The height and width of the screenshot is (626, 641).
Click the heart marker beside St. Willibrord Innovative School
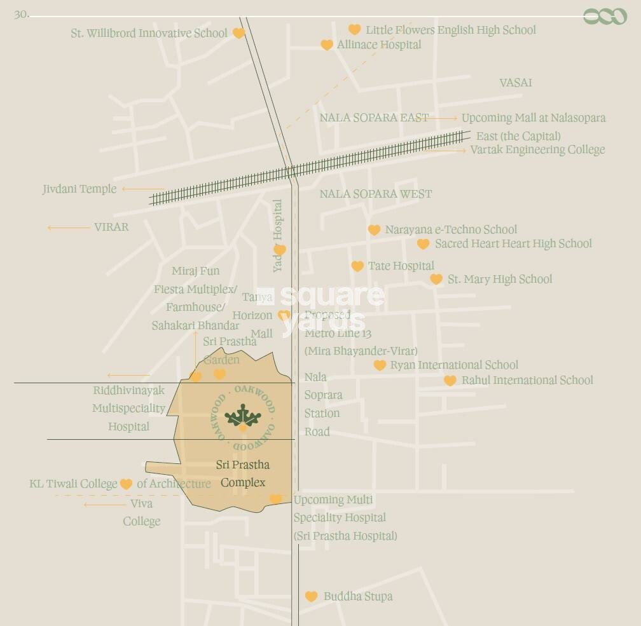click(x=238, y=33)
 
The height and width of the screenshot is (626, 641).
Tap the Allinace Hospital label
click(x=379, y=44)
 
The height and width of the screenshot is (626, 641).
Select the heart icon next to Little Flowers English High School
click(x=354, y=29)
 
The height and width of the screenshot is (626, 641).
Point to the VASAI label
click(x=515, y=83)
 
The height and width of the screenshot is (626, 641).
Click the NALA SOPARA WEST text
click(x=375, y=194)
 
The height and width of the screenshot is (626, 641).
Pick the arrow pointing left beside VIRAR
click(x=68, y=228)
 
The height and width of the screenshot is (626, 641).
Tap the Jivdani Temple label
click(x=79, y=189)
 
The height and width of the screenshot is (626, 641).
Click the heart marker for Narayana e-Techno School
click(x=374, y=230)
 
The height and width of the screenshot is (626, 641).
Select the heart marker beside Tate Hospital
click(x=357, y=266)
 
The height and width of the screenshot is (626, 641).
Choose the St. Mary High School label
click(x=500, y=279)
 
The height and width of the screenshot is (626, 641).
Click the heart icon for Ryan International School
click(x=380, y=365)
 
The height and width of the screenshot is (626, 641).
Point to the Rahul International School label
click(x=527, y=380)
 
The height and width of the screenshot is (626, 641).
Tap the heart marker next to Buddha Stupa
click(x=311, y=596)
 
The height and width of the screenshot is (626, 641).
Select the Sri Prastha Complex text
click(x=243, y=473)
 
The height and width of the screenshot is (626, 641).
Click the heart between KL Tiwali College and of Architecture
click(x=126, y=484)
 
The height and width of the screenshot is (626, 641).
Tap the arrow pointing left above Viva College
click(x=105, y=505)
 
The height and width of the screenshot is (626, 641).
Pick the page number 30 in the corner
click(x=21, y=14)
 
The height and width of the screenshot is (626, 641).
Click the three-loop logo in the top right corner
click(x=605, y=17)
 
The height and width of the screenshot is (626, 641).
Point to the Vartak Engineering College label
click(x=537, y=150)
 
